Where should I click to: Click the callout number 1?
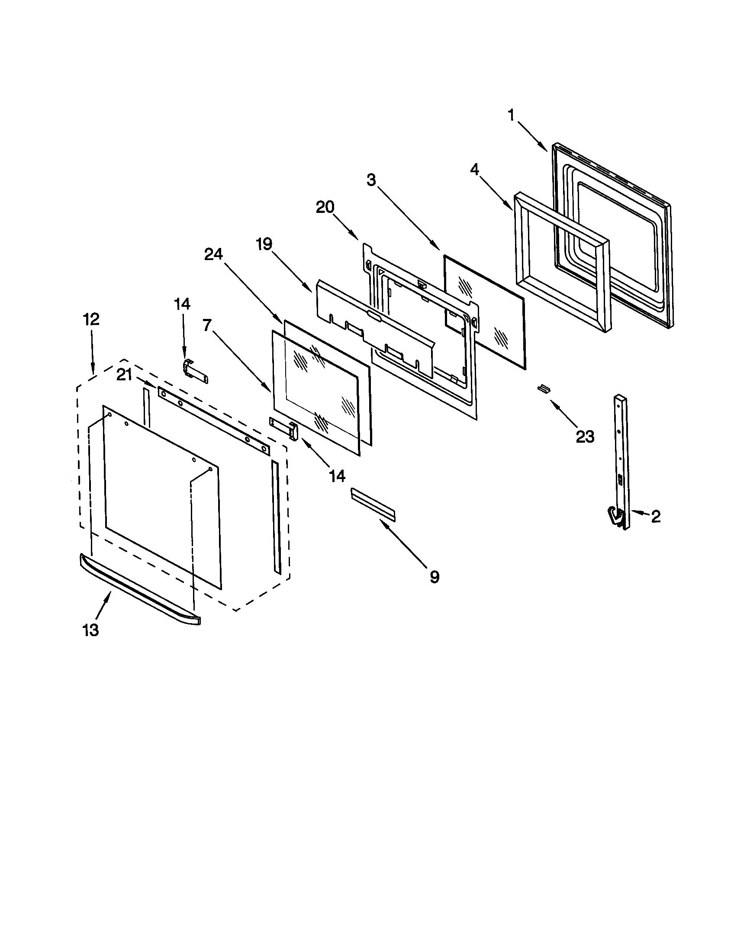point(511,115)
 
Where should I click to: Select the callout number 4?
point(475,170)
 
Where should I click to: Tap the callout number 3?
point(371,180)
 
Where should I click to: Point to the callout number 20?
point(325,207)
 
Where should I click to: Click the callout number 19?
point(264,244)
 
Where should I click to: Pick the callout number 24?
point(213,254)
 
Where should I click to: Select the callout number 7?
point(207,325)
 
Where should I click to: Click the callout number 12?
point(91,319)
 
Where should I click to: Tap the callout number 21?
point(124,374)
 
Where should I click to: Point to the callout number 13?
point(90,630)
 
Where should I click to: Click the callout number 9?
point(434,577)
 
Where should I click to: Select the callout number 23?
point(585,436)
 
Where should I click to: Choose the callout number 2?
point(656,517)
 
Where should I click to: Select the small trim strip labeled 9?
point(373,503)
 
